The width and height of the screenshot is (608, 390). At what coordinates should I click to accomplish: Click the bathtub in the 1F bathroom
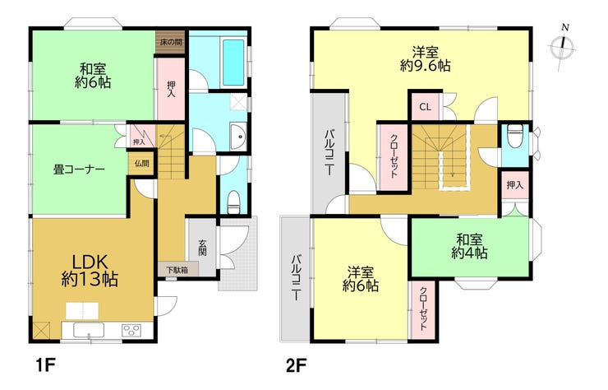pos(234,63)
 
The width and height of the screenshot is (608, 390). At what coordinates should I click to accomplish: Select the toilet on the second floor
pos(515,136)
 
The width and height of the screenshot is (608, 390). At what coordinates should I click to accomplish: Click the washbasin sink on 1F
pos(238,137)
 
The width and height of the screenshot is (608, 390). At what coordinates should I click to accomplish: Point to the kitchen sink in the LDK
pos(89,331)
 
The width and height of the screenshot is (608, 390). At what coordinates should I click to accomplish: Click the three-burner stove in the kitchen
pos(131,331)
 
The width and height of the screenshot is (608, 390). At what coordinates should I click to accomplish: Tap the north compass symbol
pos(563,47)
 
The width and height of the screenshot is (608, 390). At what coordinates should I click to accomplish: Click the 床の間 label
pos(171,42)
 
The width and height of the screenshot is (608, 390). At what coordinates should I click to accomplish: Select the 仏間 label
pos(141,163)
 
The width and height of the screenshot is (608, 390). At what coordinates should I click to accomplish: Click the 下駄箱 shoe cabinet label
pos(177,269)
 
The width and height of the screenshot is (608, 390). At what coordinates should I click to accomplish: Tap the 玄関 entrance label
pos(202,248)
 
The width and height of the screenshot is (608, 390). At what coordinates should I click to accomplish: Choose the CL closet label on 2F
pos(426,107)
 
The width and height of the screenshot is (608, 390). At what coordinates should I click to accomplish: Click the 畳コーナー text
pos(79,169)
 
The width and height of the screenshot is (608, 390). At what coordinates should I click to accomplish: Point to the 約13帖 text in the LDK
pos(90,279)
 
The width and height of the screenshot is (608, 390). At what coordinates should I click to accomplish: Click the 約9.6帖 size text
pos(425,65)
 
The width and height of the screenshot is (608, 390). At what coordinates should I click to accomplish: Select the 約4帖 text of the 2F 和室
pos(469,253)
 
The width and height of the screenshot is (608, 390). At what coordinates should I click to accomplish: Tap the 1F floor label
pos(46,365)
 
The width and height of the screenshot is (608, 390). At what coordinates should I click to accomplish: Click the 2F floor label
pos(297,365)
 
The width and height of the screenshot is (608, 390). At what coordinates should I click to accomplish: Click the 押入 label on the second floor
pos(514,185)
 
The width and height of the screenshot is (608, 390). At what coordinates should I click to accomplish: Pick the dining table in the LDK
pos(82,311)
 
